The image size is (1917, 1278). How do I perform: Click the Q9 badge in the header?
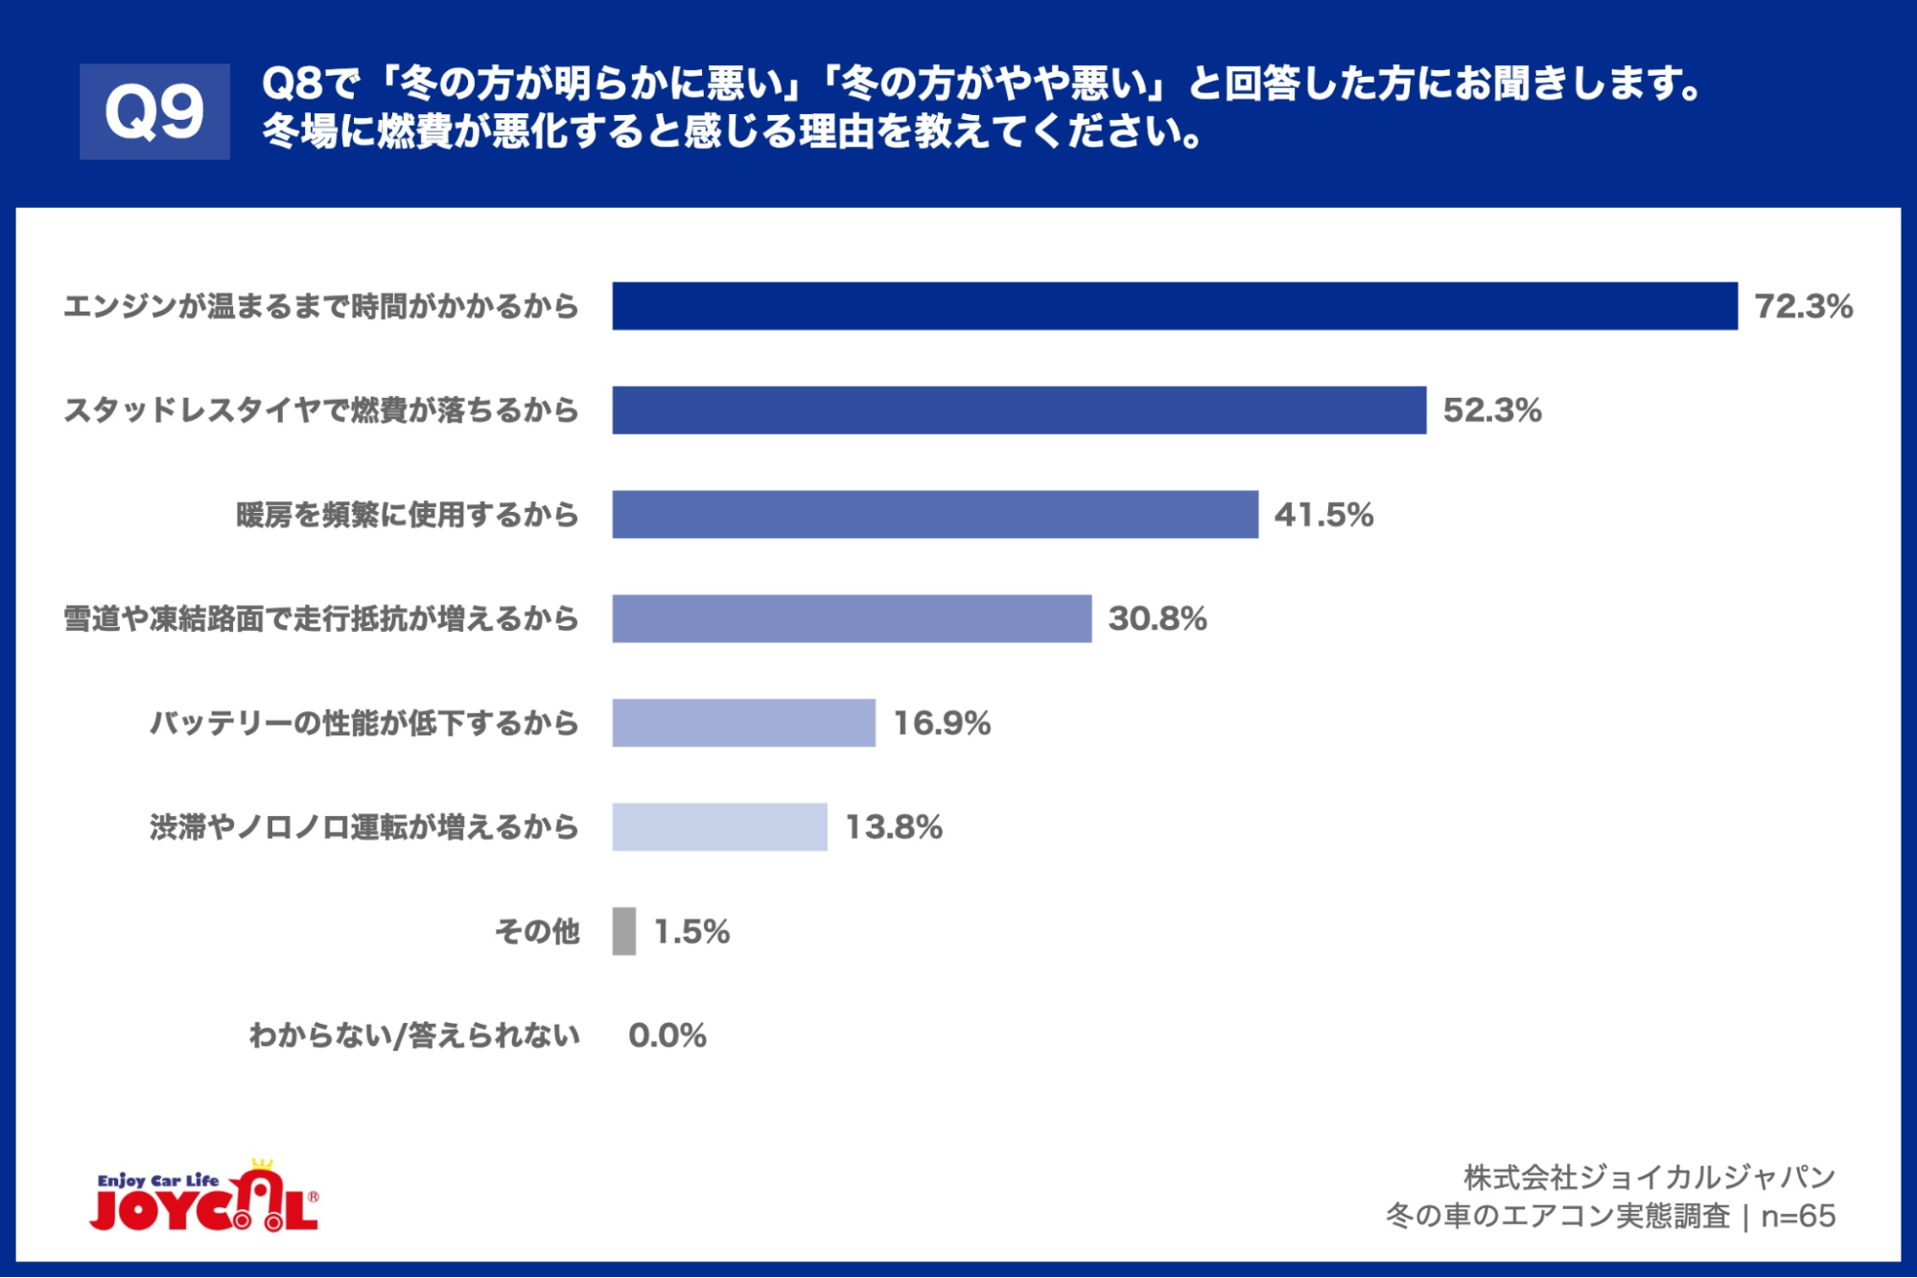coord(154,111)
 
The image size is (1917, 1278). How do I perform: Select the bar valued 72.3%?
coord(1174,306)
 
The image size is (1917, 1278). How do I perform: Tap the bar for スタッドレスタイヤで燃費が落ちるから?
coord(1018,410)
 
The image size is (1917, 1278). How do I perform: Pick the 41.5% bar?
coord(935,515)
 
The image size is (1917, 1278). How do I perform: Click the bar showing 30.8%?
coord(852,618)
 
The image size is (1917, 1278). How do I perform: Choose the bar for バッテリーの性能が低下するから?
coord(743,723)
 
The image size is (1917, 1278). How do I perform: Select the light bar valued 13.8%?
coord(719,826)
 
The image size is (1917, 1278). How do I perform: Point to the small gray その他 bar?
coord(624,931)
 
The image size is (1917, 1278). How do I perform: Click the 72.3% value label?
coord(1803,307)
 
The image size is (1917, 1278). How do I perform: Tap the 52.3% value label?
coord(1492,410)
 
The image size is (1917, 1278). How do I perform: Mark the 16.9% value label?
coord(942,723)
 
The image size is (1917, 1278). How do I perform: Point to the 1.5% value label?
coord(691,932)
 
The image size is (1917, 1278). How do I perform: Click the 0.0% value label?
coord(667,1035)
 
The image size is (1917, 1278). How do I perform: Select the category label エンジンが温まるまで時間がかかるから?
coord(321,307)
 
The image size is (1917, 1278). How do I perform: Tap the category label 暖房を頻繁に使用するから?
coord(408,515)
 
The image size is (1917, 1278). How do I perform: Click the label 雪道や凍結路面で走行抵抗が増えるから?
coord(321,619)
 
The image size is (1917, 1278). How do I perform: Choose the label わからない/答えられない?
coord(414,1035)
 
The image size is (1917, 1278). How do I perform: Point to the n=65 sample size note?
coord(1798,1216)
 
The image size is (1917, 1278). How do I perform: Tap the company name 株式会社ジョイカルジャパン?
coord(1648,1176)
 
